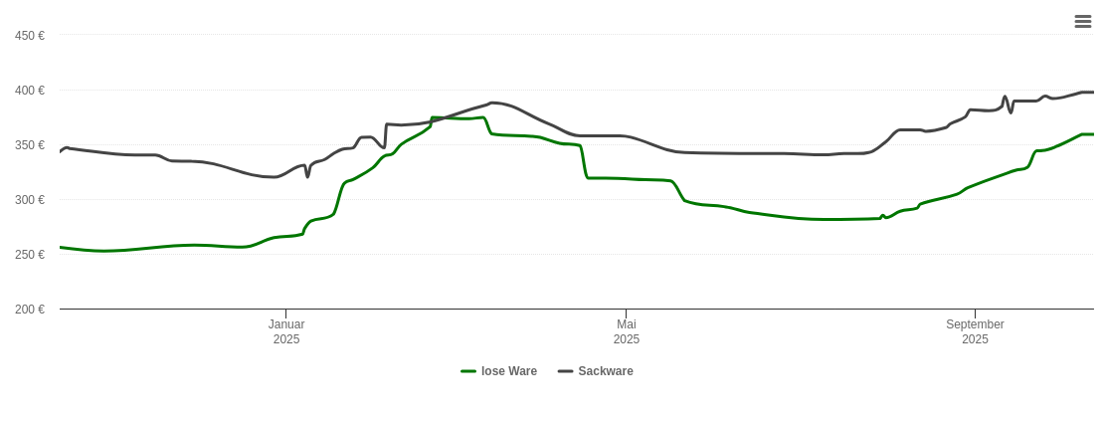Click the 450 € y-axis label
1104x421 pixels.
coord(30,36)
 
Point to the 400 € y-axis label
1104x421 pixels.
coord(30,91)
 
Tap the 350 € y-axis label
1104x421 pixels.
coord(30,145)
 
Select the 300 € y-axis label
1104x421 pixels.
coord(30,200)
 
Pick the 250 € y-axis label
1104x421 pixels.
coord(30,255)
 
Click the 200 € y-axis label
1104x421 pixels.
coord(30,310)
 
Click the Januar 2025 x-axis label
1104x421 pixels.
coord(286,331)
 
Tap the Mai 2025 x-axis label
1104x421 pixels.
coord(627,331)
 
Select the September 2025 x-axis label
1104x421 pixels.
coord(975,331)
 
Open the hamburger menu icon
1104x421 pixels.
coord(1083,22)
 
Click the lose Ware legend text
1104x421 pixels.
coord(509,371)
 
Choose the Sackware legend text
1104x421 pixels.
coord(606,371)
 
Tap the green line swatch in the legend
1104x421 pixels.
coord(468,371)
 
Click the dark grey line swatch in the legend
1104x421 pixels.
coord(566,371)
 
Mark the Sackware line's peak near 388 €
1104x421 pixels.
coord(492,103)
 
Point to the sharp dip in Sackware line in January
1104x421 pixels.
coord(307,176)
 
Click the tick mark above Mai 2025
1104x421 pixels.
coord(627,314)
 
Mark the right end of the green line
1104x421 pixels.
coord(1093,134)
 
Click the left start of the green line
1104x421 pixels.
coord(61,247)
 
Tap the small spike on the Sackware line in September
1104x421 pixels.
coord(1006,98)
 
